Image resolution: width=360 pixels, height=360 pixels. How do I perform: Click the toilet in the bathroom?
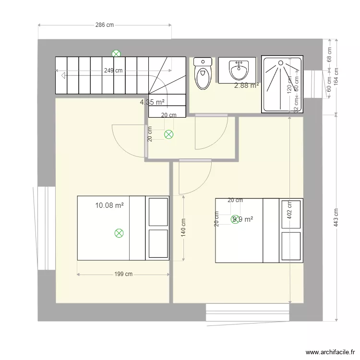[x=203, y=74]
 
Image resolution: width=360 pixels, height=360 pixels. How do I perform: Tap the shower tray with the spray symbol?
[x=282, y=85]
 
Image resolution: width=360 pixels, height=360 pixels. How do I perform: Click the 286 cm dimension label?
[x=105, y=25]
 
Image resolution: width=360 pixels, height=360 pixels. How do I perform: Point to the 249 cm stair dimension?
[x=113, y=71]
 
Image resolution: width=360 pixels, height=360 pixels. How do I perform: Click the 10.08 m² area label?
[x=109, y=205]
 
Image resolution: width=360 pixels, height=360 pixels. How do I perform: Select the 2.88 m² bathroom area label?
[x=246, y=86]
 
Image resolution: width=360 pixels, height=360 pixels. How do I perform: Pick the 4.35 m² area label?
[x=152, y=102]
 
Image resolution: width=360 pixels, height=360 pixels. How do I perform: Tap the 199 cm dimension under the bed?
[x=123, y=275]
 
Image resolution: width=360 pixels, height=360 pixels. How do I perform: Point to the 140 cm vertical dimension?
[x=184, y=228]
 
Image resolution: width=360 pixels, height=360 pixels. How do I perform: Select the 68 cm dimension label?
[x=330, y=54]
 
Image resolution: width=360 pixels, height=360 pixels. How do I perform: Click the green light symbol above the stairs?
[x=116, y=54]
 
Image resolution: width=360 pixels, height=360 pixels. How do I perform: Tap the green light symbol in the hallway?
[x=168, y=135]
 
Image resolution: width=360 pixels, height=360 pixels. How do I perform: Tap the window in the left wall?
[x=47, y=228]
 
